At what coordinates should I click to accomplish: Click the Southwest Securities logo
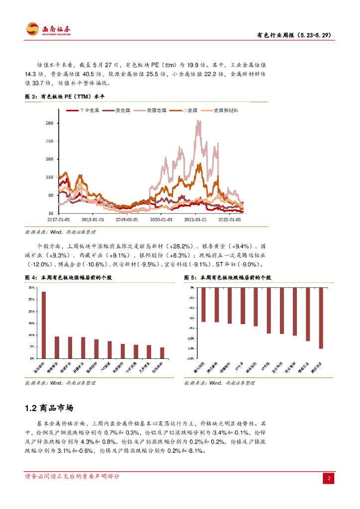tap(48, 29)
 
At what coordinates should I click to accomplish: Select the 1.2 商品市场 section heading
tap(49, 408)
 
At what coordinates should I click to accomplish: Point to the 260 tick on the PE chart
tap(49, 123)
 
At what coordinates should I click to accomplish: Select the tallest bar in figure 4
tap(44, 325)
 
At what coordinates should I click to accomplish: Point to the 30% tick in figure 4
tap(31, 288)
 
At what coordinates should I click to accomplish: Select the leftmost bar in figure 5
tap(203, 304)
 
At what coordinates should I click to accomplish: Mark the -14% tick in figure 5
tap(191, 358)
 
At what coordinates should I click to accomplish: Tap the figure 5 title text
tap(227, 277)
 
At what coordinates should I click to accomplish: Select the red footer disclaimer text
tap(73, 476)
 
